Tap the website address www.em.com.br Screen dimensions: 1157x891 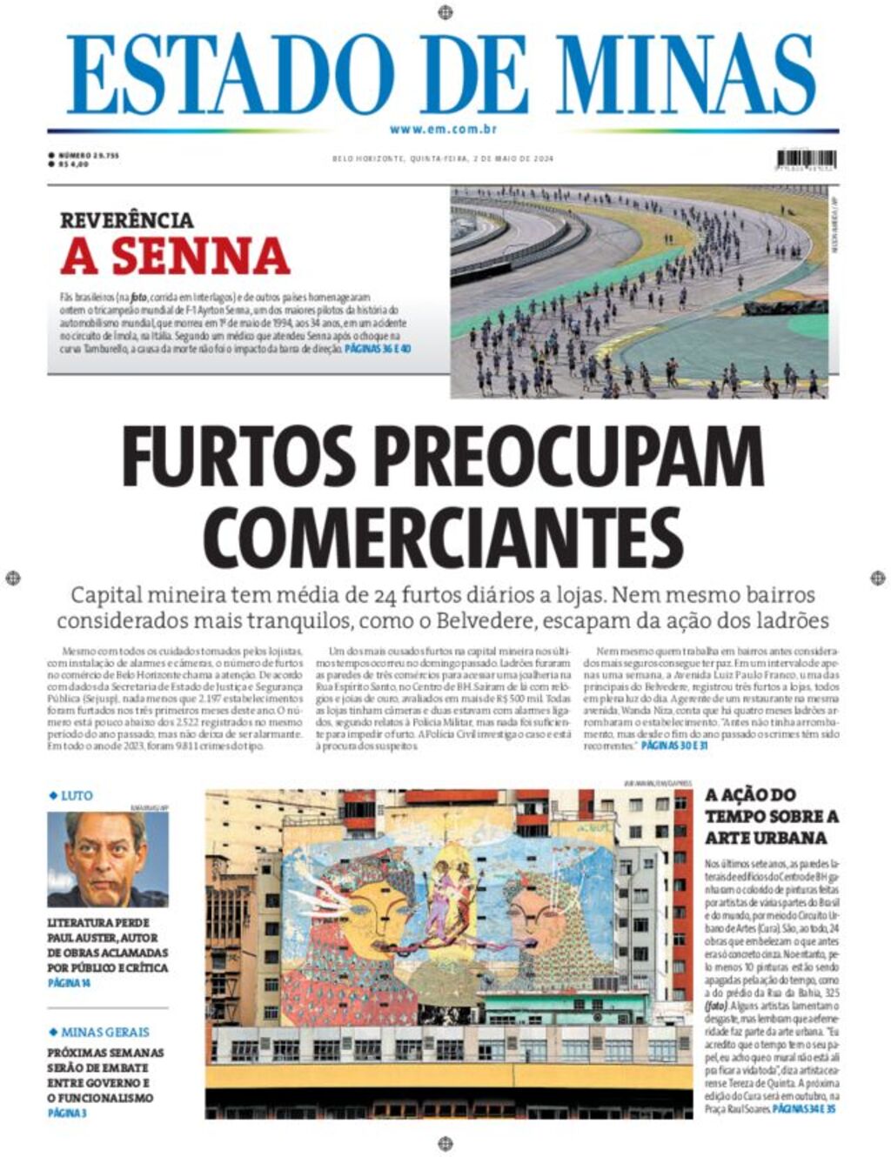tap(443, 130)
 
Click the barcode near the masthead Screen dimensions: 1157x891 tap(806, 159)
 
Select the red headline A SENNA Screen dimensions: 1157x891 tap(175, 256)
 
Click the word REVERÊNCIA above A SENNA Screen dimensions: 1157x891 tap(127, 220)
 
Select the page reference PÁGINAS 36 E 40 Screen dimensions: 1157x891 tap(378, 348)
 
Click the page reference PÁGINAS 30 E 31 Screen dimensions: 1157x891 tap(673, 746)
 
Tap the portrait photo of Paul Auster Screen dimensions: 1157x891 tap(107, 859)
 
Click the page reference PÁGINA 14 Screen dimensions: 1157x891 tap(70, 983)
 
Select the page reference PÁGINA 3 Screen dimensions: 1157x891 tap(67, 1113)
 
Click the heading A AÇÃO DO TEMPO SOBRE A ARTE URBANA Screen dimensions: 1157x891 tap(772, 816)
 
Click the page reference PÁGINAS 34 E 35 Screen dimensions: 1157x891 tap(804, 1110)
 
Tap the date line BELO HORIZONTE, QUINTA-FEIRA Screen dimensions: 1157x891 tap(399, 158)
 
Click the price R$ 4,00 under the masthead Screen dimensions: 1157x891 tap(74, 164)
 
